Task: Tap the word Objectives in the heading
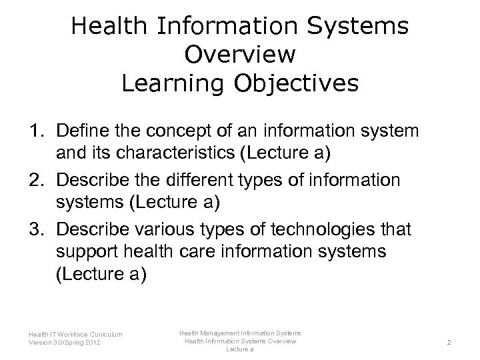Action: coord(300,84)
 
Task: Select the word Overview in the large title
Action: coord(240,55)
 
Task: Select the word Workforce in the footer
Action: coord(69,334)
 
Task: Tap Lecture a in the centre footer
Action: coord(239,349)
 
